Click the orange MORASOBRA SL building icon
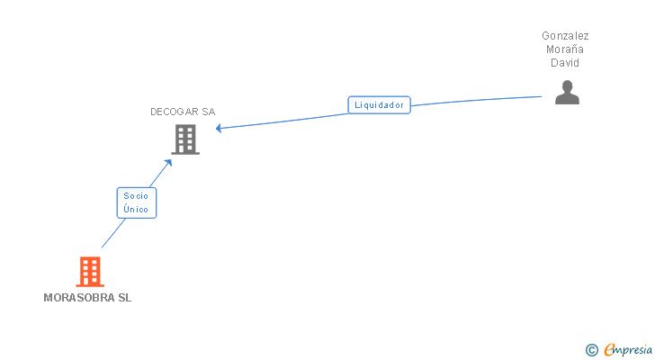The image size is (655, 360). point(89,271)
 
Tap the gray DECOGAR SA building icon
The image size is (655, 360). point(185,139)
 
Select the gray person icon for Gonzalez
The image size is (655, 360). point(567,93)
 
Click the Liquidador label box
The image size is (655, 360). point(379,104)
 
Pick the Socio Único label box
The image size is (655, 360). point(137,202)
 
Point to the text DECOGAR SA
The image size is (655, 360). point(183,112)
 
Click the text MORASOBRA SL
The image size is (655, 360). point(87,298)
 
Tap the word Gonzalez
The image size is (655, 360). point(565,36)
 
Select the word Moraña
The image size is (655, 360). point(565,49)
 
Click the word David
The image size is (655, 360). point(565,63)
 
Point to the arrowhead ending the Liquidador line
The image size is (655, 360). point(219,128)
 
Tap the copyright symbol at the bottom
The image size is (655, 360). point(591,350)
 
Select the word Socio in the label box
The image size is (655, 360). point(137,194)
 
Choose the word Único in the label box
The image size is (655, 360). point(137,209)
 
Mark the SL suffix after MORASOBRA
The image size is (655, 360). point(124,298)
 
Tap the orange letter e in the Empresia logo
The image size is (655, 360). point(609,350)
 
